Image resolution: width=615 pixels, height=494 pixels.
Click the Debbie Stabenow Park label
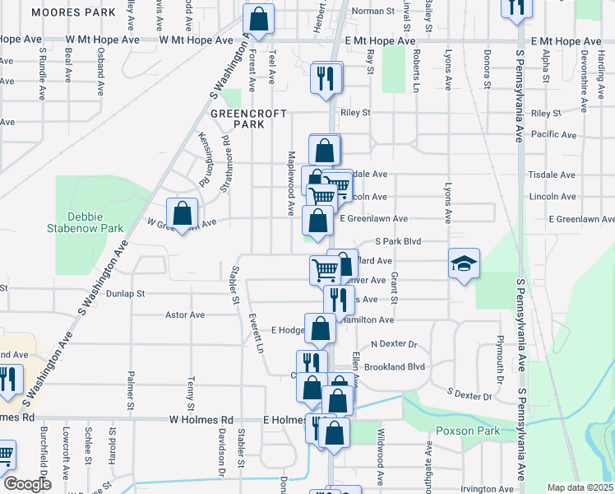tap(95, 222)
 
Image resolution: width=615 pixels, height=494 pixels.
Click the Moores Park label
tap(72, 13)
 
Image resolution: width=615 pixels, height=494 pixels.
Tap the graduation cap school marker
tap(464, 264)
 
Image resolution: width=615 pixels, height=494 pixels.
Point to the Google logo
tap(27, 484)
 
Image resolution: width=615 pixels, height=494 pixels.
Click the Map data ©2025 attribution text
tap(580, 487)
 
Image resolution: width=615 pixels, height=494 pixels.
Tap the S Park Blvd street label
tap(397, 242)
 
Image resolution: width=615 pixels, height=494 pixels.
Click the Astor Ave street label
tap(185, 315)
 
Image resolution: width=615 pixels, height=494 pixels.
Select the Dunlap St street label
tap(124, 292)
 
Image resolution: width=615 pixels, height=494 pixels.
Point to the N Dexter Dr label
tap(395, 343)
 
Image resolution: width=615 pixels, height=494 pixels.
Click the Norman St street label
tap(373, 12)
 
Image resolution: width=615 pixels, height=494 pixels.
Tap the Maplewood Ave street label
tap(290, 183)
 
